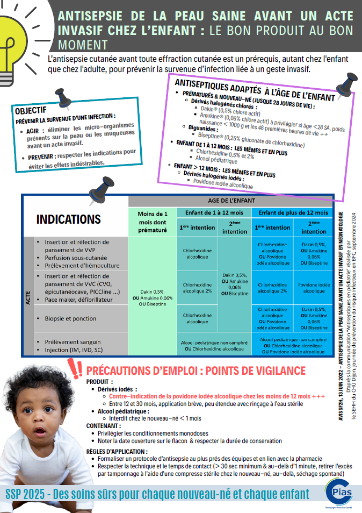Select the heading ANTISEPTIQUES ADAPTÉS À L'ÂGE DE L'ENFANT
pyautogui.click(x=255, y=89)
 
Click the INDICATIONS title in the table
pyautogui.click(x=68, y=219)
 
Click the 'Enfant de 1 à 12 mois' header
pyautogui.click(x=214, y=212)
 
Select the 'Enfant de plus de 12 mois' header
pyautogui.click(x=293, y=212)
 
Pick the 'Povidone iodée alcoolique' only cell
pyautogui.click(x=314, y=288)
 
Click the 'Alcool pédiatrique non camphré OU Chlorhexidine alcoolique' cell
pyautogui.click(x=214, y=345)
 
